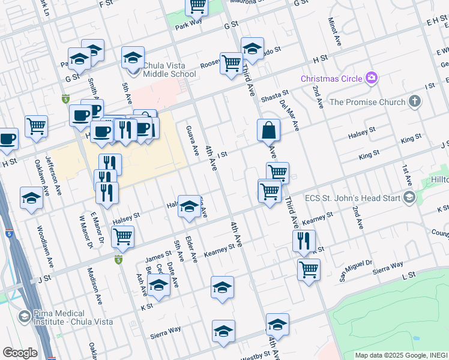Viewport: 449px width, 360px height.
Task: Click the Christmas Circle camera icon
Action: click(x=372, y=78)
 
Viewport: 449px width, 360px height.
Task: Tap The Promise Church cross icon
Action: click(x=414, y=101)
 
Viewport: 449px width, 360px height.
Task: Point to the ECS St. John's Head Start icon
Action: click(x=409, y=197)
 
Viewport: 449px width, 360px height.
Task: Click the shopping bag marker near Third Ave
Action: click(x=268, y=130)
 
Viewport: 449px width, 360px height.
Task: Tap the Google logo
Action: click(x=20, y=353)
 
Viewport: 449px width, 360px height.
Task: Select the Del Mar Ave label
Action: click(x=289, y=115)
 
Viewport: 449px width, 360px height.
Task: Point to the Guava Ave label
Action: click(x=193, y=140)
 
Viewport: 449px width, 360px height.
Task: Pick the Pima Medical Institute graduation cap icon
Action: click(x=25, y=316)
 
